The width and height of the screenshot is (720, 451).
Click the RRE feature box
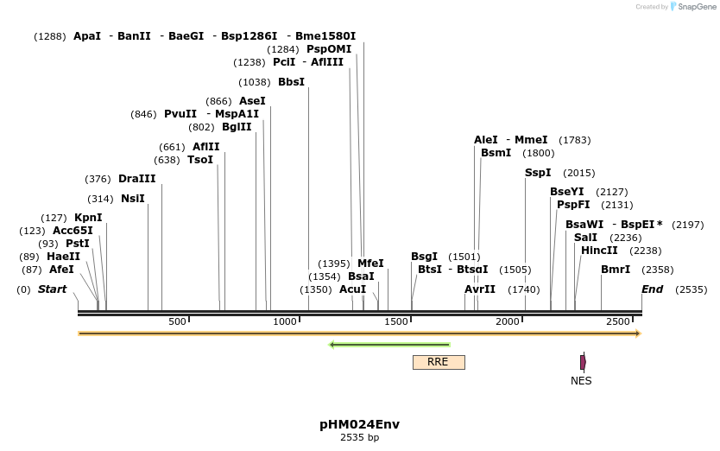(x=439, y=362)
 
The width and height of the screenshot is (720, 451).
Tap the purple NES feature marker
(x=583, y=362)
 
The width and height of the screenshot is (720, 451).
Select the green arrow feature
(x=389, y=345)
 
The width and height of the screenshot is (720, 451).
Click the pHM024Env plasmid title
(x=359, y=424)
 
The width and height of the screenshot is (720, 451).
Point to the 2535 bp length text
(x=359, y=438)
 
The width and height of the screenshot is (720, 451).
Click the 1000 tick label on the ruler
(x=285, y=322)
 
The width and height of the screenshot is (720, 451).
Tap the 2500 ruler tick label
(x=617, y=322)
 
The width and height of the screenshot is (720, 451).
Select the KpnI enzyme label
(x=88, y=218)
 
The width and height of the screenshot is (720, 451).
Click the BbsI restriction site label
(x=291, y=82)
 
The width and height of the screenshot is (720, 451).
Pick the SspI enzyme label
(x=538, y=173)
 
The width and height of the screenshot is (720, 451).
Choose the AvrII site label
(x=480, y=289)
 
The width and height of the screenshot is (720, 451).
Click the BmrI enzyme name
(x=616, y=270)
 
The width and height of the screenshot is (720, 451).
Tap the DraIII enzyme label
(x=137, y=179)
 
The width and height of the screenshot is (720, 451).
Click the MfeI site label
(x=370, y=264)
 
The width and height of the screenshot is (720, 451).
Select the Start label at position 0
(x=52, y=289)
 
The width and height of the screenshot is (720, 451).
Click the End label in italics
(x=652, y=289)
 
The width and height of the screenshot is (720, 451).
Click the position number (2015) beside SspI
(x=578, y=173)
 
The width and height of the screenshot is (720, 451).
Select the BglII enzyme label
(x=237, y=127)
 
